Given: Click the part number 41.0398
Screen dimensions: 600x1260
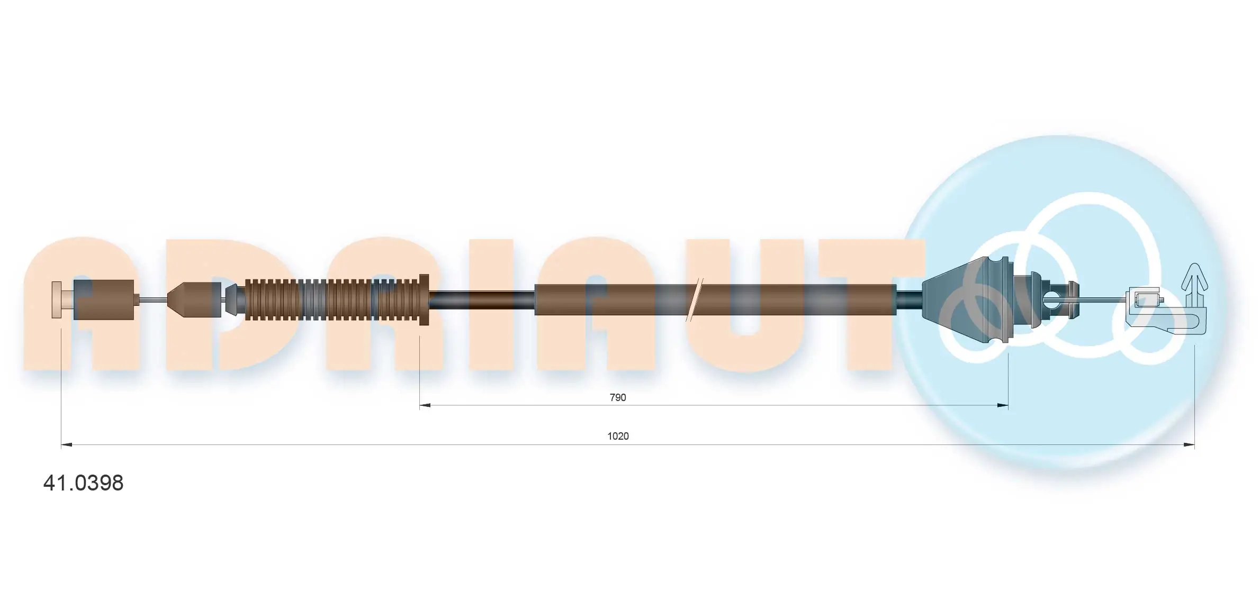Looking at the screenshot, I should (x=83, y=483).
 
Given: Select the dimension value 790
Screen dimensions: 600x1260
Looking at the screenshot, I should (x=617, y=397).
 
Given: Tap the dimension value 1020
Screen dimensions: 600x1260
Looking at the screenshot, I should (x=617, y=436).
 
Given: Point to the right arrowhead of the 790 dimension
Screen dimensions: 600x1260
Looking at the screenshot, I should (x=1003, y=406).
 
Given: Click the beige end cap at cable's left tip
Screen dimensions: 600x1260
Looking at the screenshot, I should (x=57, y=300).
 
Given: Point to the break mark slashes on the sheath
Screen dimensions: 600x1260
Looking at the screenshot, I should (x=694, y=300).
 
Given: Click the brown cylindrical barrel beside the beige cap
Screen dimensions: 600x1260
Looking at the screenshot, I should (x=104, y=300).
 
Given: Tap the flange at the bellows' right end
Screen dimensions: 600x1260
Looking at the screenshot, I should (x=423, y=299).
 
